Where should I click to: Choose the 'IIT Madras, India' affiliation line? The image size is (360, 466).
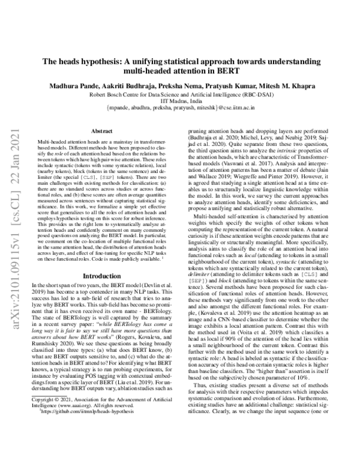[179, 102]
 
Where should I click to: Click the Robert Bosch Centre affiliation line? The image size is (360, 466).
[179, 94]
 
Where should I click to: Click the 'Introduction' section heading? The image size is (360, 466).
[99, 276]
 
